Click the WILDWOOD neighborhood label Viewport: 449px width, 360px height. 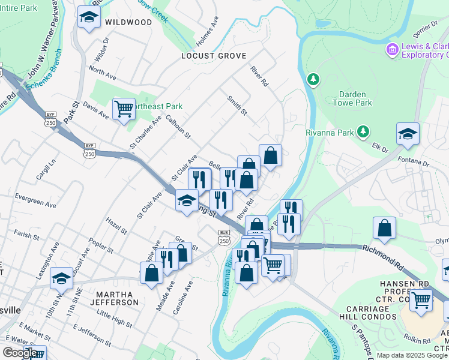tap(128, 22)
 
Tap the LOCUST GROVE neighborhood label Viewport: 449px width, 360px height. tap(214, 56)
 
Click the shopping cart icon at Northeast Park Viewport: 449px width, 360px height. tap(124, 109)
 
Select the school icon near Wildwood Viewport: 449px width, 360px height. tap(89, 18)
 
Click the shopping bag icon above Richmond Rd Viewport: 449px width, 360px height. tap(384, 228)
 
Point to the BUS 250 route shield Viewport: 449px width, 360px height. tap(224, 237)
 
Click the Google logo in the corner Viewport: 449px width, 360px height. tap(20, 353)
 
